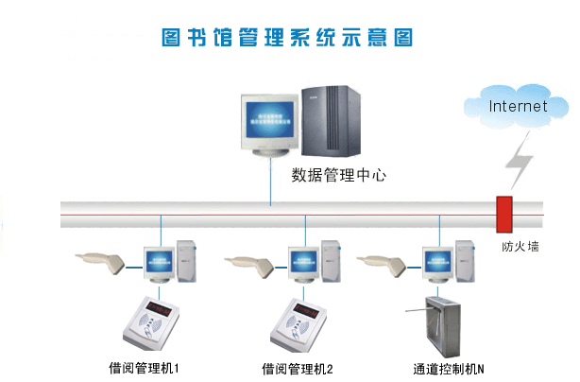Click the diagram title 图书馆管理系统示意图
(289, 38)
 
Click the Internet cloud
(517, 105)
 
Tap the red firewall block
(504, 214)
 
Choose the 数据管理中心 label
(339, 175)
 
